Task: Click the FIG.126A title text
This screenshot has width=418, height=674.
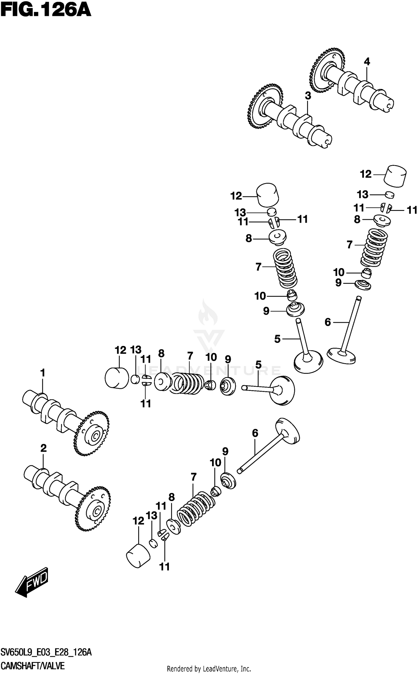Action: click(46, 11)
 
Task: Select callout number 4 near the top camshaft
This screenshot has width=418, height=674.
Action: click(367, 62)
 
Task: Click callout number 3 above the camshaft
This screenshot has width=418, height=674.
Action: click(308, 96)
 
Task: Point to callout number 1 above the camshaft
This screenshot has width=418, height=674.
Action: click(42, 373)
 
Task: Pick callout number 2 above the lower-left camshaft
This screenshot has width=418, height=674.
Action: click(43, 448)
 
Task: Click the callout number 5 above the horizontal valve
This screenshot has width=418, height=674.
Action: click(258, 365)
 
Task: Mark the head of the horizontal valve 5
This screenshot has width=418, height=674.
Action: click(282, 390)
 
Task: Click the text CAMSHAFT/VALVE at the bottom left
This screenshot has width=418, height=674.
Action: click(33, 666)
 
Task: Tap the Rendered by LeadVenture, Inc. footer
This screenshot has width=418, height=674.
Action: click(209, 669)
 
